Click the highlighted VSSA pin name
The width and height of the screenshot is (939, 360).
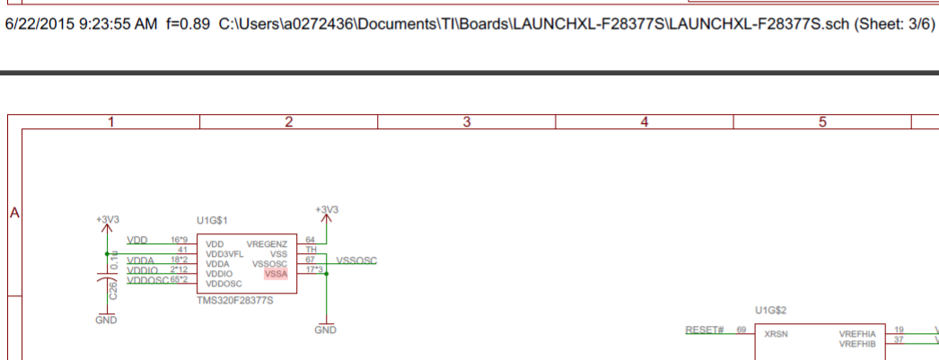point(276,274)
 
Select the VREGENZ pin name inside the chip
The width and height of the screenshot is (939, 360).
point(267,244)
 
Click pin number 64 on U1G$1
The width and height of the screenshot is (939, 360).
point(311,241)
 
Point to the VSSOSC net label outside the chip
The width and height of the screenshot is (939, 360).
point(356,260)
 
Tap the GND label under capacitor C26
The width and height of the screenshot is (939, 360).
point(106,320)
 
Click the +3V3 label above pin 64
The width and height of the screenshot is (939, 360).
point(327,210)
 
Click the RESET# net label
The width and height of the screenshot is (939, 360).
point(705,330)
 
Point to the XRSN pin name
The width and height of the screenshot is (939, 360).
point(777,333)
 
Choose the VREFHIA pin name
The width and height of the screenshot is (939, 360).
point(857,333)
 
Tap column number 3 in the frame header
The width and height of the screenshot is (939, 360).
point(467,122)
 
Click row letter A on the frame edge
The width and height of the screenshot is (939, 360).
point(14,214)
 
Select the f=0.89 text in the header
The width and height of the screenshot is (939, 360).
point(188,21)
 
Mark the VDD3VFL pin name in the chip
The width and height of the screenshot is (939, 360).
point(224,254)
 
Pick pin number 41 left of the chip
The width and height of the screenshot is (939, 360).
point(181,250)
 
